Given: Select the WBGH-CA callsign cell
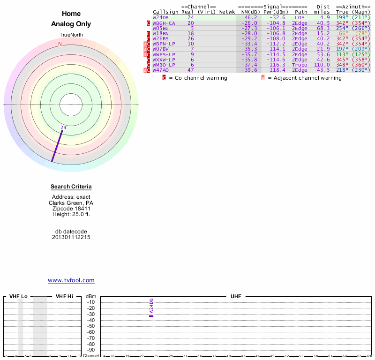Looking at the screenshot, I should click(x=164, y=23).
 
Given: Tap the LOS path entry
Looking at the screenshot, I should click(x=300, y=17).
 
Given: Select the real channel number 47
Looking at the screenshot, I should click(x=191, y=70).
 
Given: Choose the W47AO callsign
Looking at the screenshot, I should click(x=160, y=70).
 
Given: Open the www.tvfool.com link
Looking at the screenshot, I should click(x=71, y=280).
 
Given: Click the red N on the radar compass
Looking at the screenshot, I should click(x=60, y=44).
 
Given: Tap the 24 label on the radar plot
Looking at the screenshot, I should click(x=63, y=127).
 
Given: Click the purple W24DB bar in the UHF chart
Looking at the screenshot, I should click(x=151, y=316).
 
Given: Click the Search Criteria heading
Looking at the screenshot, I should click(x=71, y=187).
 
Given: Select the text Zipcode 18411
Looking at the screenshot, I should click(x=71, y=208).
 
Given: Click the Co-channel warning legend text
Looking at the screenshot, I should click(x=198, y=78).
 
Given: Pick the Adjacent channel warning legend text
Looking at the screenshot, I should click(x=304, y=78).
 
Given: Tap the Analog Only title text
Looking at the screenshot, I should click(x=71, y=24).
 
